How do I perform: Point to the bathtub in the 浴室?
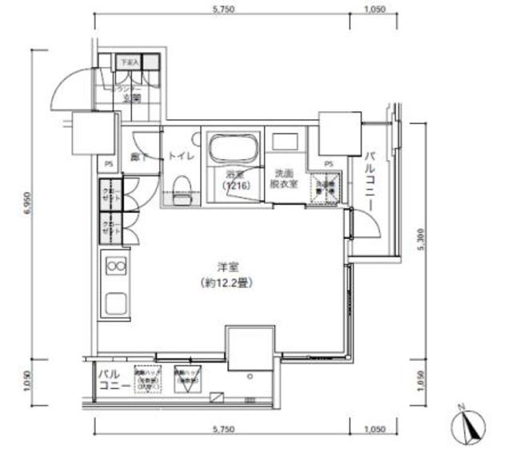click(230, 149)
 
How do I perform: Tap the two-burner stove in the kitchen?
click(114, 265)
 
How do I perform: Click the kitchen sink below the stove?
click(114, 305)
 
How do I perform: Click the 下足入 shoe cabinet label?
click(128, 61)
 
